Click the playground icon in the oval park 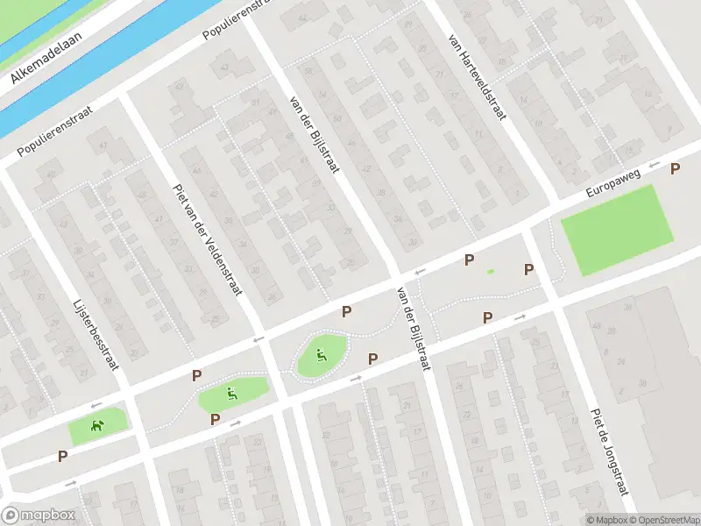click(321, 355)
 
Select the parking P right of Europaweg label click(675, 169)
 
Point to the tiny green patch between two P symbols click(491, 271)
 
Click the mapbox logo click(39, 515)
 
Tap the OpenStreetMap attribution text click(664, 519)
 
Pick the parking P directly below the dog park click(62, 456)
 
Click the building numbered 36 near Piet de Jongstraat click(642, 383)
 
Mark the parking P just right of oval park click(372, 358)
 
